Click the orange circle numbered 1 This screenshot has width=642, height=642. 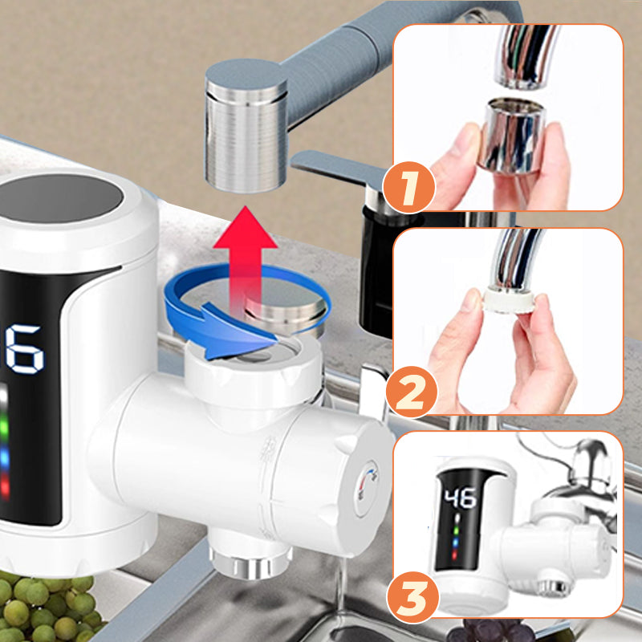coord(409,188)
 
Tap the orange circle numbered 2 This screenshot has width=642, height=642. coord(412,392)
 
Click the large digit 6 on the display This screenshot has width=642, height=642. coord(26,349)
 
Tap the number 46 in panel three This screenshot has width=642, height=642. coord(461,498)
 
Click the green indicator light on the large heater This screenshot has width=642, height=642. coord(4,426)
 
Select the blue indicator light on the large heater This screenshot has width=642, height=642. coord(5,458)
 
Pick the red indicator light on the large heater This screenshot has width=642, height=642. coord(5,487)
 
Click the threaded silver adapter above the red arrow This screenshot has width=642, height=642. coord(246,126)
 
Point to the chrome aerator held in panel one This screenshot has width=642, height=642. coord(512,136)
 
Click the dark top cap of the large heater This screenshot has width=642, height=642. coord(62,198)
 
